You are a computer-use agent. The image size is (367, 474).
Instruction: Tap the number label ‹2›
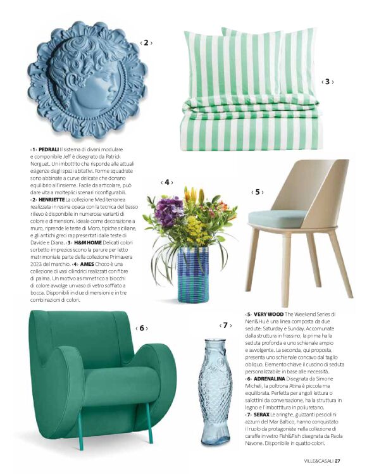146,43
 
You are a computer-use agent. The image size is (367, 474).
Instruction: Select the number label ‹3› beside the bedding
327,82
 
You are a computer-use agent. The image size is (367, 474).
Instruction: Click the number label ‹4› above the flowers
168,182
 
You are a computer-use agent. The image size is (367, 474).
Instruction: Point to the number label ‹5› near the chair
258,192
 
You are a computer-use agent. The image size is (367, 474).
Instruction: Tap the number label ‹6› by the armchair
142,328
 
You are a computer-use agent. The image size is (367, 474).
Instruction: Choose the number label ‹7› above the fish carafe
226,325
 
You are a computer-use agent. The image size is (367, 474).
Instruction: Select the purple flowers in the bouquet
168,211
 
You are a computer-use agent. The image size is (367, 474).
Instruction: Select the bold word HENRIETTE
56,199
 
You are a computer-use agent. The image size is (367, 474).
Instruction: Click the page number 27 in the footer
338,460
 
